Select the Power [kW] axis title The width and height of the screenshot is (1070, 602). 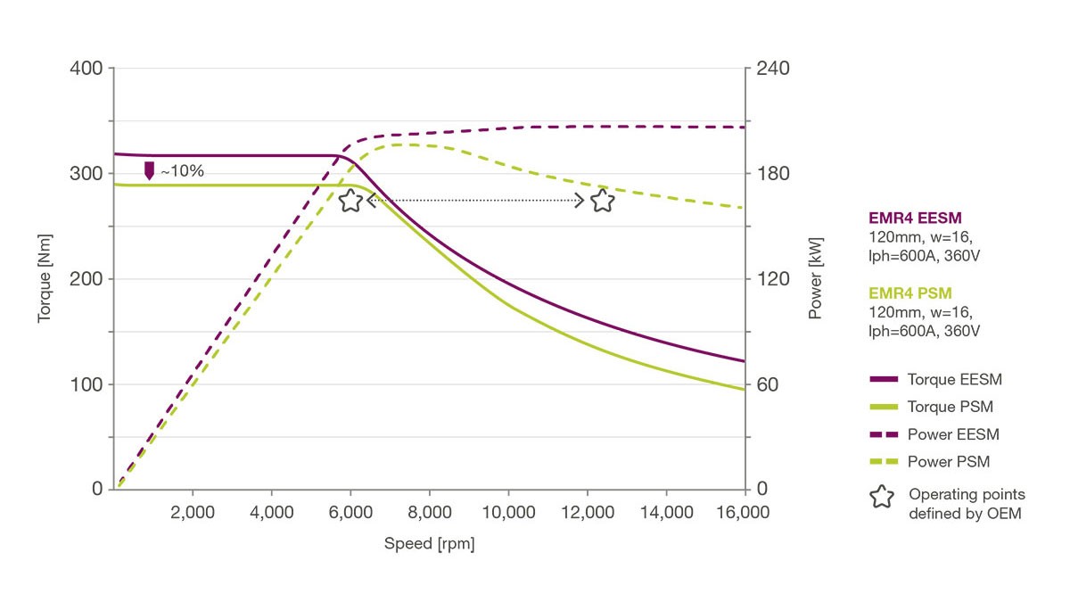pyautogui.click(x=815, y=278)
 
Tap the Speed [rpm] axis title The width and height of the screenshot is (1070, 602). pyautogui.click(x=429, y=544)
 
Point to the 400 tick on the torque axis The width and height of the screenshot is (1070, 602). pyautogui.click(x=86, y=69)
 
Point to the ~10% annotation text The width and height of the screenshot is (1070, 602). pyautogui.click(x=182, y=171)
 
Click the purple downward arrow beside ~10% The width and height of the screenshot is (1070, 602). pyautogui.click(x=149, y=170)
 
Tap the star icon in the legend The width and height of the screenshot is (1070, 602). pyautogui.click(x=881, y=497)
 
